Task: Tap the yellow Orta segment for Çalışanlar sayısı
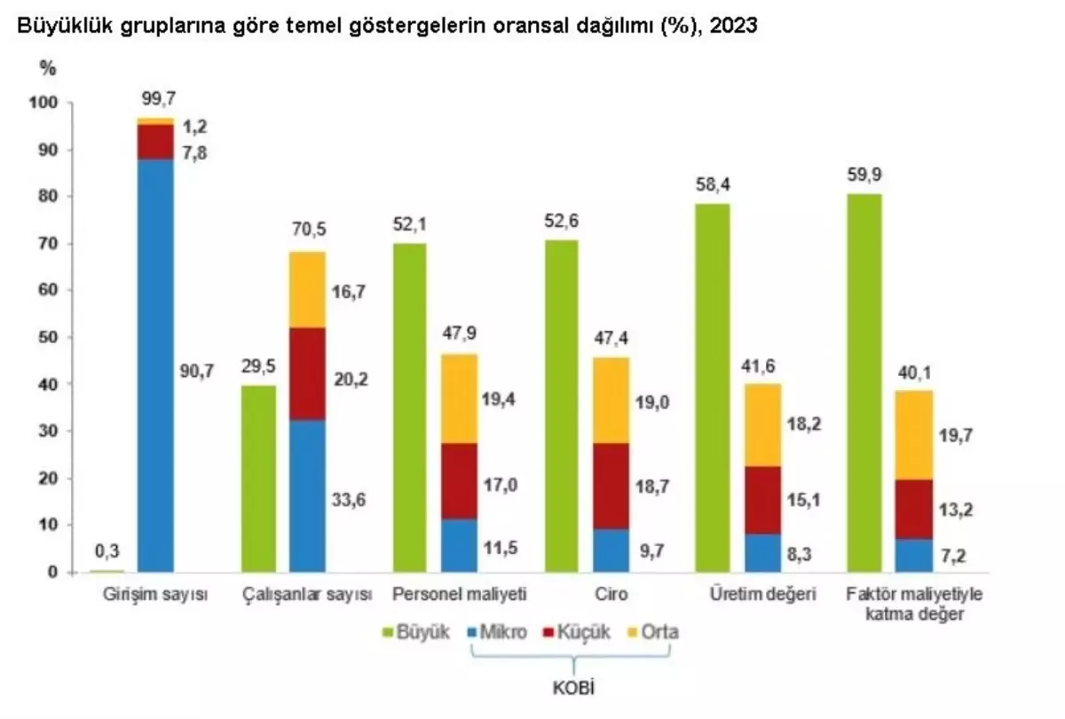point(307,289)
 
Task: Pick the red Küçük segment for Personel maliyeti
point(459,481)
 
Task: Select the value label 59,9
point(864,174)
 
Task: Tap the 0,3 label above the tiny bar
point(106,552)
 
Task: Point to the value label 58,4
point(712,184)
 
